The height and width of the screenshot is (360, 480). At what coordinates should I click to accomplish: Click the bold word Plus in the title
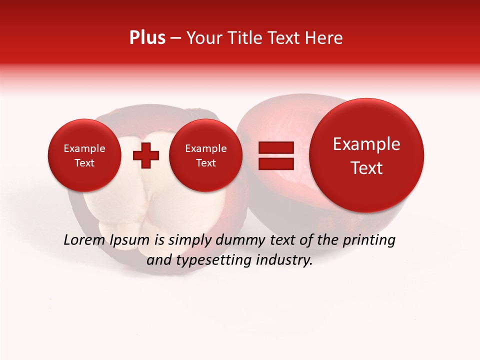tap(147, 38)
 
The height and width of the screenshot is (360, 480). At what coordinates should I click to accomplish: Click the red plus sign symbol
tap(146, 155)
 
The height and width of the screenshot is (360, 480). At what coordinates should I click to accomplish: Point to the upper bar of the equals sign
tap(275, 147)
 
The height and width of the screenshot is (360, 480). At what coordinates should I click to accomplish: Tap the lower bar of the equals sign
tap(275, 164)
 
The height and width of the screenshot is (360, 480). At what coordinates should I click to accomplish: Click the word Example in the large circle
tap(366, 144)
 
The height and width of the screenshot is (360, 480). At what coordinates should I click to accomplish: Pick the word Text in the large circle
tap(366, 168)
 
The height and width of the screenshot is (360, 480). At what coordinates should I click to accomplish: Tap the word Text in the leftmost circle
tap(84, 163)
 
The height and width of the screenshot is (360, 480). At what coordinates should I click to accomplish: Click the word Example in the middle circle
tap(205, 148)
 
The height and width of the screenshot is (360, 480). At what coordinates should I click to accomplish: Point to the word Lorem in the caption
tap(84, 240)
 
